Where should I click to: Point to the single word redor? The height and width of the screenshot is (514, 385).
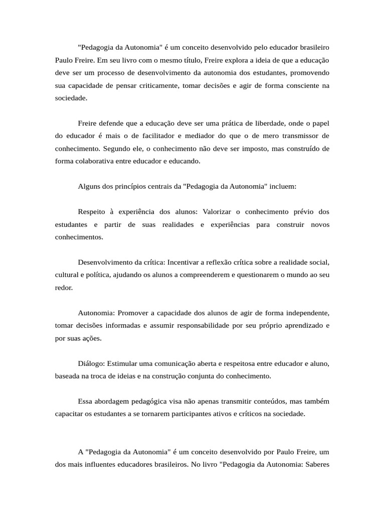coord(64,288)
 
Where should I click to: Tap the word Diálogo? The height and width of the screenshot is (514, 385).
coord(91,363)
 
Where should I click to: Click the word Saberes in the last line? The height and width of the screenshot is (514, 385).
coord(316,464)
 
